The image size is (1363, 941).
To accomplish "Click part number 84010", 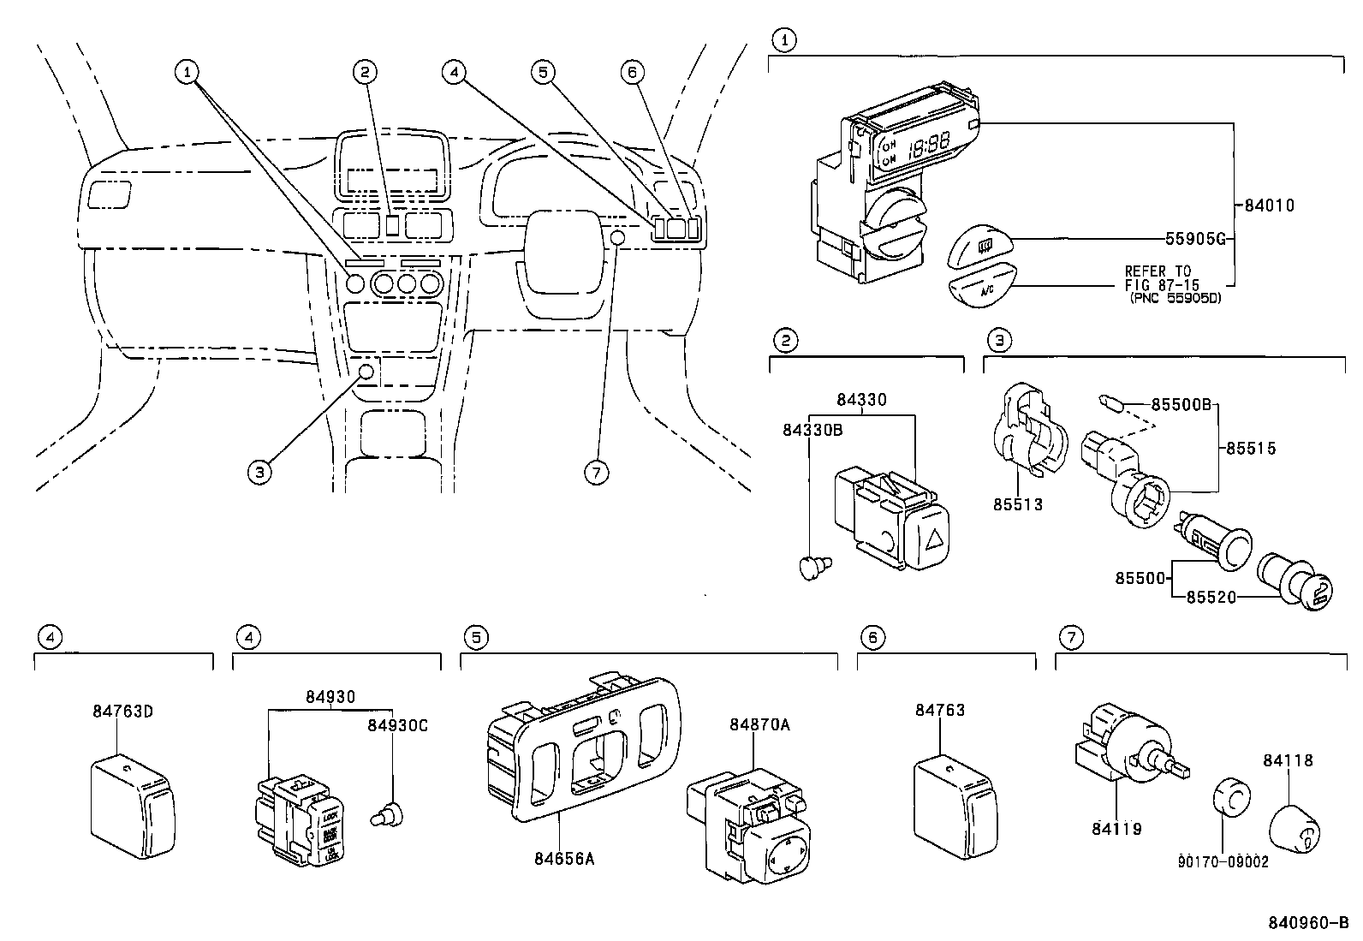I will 1269,205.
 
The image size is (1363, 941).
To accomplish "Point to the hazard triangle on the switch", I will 935,539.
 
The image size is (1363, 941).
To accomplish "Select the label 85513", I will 1018,504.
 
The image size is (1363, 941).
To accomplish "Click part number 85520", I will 1211,597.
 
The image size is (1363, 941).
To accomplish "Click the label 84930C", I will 397,725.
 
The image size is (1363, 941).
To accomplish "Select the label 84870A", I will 759,724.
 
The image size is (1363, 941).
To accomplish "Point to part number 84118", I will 1288,759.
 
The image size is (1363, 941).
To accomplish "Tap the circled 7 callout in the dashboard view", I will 597,472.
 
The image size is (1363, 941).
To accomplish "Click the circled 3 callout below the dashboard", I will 260,470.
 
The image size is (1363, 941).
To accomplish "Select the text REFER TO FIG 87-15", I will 1162,277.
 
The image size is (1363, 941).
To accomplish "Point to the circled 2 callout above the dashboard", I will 365,72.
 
